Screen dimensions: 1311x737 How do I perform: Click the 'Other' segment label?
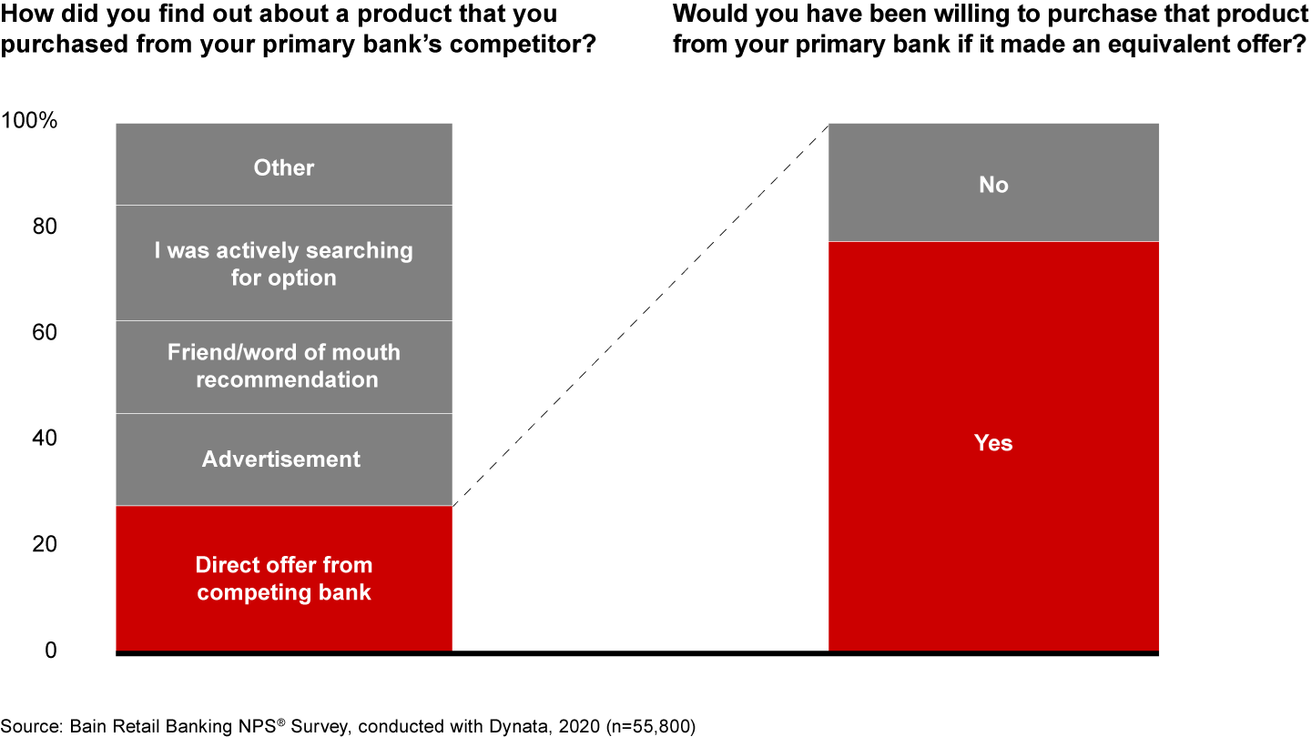click(284, 167)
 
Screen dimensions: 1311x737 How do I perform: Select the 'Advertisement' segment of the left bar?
click(284, 459)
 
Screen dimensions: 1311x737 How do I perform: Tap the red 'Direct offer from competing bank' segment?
click(284, 579)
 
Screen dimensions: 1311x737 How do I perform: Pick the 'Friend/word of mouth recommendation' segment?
click(284, 367)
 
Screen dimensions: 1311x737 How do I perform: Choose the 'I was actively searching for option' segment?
click(284, 263)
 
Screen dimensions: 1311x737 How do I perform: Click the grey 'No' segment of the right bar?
click(993, 182)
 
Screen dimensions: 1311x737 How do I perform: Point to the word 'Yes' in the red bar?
click(993, 443)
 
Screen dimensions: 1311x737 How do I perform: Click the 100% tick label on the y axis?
click(29, 120)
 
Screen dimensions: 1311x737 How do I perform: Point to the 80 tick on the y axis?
click(45, 227)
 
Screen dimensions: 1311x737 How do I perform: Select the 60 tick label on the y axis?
click(45, 332)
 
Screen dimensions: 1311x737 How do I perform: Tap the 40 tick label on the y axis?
click(45, 439)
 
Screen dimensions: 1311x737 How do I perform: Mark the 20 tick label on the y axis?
click(45, 544)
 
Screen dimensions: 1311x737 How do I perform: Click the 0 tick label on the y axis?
click(51, 650)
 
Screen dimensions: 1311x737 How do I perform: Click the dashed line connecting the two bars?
click(641, 315)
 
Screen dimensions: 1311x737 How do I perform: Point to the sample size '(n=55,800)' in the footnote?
click(651, 726)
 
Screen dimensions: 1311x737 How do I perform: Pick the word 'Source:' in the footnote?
click(32, 726)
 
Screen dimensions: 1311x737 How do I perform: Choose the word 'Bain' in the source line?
click(88, 726)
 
